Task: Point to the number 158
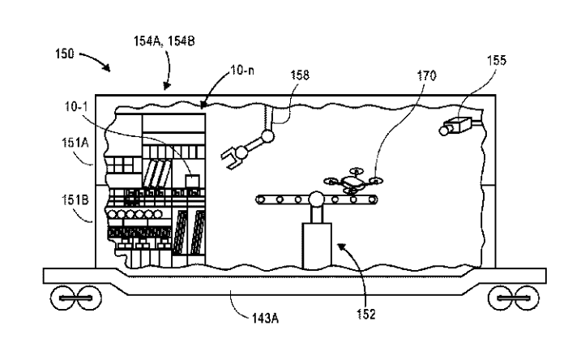[301, 75]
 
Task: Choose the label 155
[498, 60]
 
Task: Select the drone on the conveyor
[353, 183]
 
